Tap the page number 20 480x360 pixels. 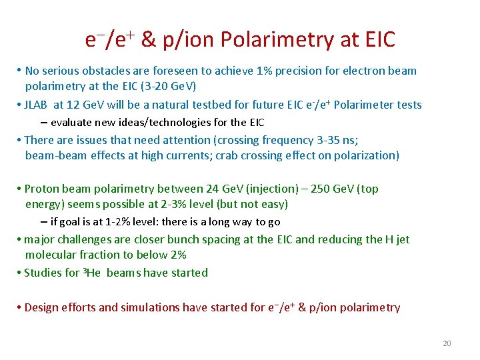[x=447, y=343]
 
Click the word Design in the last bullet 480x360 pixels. [x=42, y=307]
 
